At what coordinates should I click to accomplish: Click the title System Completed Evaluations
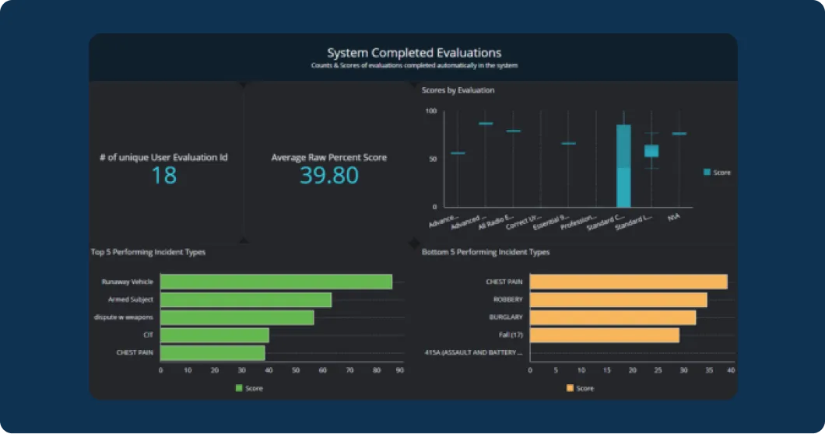[413, 53]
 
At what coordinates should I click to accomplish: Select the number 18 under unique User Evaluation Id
[163, 176]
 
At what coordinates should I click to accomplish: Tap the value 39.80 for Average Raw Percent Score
[328, 176]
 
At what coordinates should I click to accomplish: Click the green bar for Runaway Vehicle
[276, 282]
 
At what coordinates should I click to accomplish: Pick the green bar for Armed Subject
[246, 299]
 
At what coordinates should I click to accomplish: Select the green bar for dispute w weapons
[237, 317]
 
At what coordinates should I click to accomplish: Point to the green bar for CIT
[215, 335]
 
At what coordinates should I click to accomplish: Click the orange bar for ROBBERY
[618, 299]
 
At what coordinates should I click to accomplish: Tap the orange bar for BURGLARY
[613, 317]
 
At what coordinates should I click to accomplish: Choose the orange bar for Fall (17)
[604, 335]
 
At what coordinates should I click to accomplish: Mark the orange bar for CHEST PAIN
[628, 282]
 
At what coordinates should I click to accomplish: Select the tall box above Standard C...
[623, 165]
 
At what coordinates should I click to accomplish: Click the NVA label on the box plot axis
[673, 219]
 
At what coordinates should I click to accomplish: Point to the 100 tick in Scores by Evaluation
[430, 111]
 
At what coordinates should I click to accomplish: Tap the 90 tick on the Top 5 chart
[400, 370]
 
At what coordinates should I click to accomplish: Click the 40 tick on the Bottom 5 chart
[731, 370]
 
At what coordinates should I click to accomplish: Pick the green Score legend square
[239, 387]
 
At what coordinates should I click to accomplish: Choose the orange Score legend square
[570, 387]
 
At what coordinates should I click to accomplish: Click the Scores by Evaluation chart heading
[458, 91]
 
